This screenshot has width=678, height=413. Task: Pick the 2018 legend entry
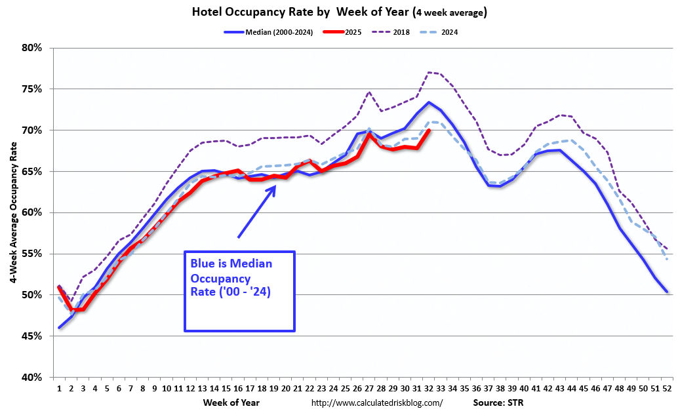[x=401, y=32]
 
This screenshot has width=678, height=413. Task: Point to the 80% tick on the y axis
[x=32, y=48]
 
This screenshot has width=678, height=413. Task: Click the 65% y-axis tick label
[x=32, y=171]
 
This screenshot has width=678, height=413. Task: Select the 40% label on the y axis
[x=32, y=377]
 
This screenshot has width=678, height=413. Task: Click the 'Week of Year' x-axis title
[x=231, y=402]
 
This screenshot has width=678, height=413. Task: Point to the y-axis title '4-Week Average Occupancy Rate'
[x=14, y=212]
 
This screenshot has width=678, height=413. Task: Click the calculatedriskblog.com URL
[x=377, y=403]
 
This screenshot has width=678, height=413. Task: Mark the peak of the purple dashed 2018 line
[x=429, y=72]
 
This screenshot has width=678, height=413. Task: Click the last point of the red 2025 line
[x=429, y=130]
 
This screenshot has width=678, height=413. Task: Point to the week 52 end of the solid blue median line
[x=667, y=292]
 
